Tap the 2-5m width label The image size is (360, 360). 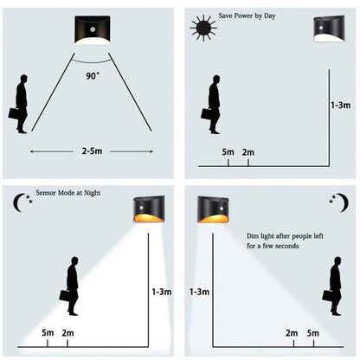92,151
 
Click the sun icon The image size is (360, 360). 205,26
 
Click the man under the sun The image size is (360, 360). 212,104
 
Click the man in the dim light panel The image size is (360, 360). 333,288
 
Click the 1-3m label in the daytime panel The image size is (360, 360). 341,105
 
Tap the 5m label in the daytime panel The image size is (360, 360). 228,152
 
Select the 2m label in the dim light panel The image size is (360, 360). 292,333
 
